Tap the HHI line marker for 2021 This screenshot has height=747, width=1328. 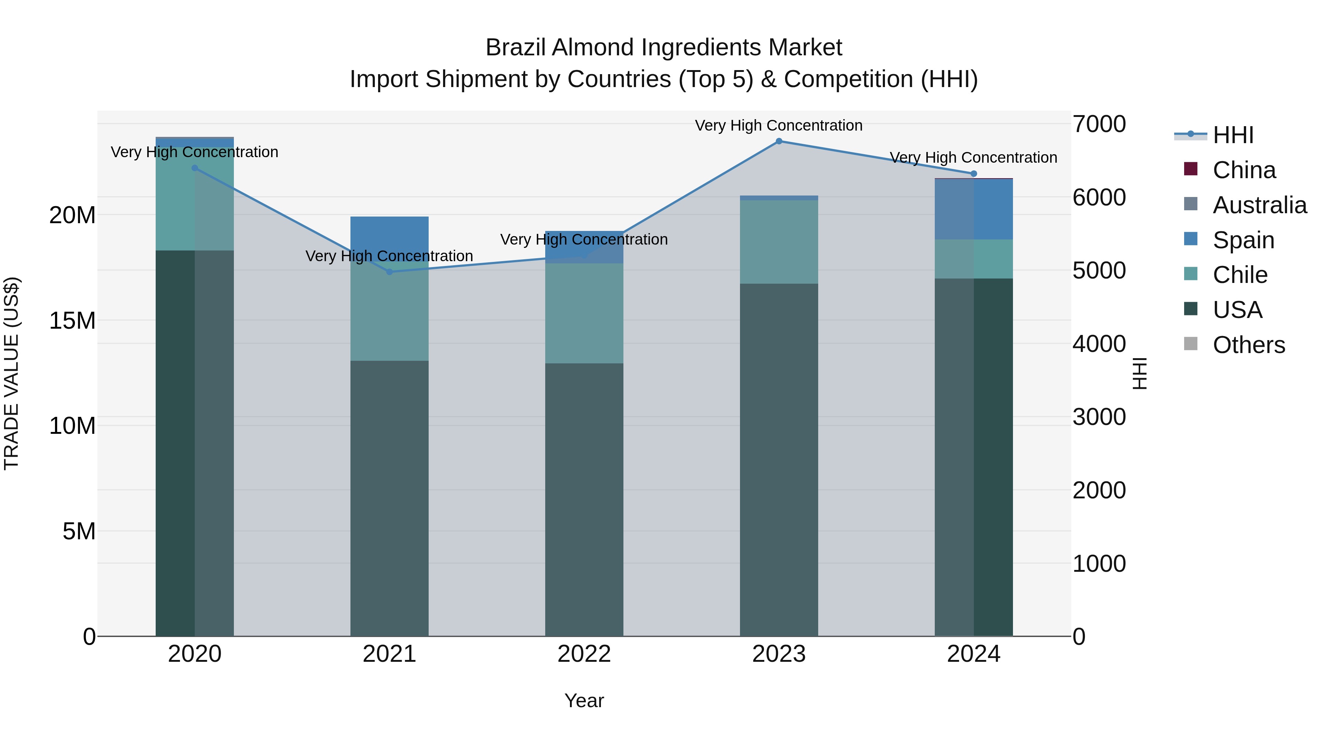[389, 272]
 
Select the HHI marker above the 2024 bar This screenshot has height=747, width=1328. [973, 174]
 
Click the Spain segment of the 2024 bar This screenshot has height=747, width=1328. [973, 209]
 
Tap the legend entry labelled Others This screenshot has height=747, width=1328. [1248, 345]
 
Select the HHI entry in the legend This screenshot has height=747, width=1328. [1232, 135]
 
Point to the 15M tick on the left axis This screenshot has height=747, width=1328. [72, 321]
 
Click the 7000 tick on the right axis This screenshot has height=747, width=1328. [1099, 124]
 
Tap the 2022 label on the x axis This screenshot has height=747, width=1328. [584, 654]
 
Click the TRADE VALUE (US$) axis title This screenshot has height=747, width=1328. [11, 373]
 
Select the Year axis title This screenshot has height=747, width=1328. [584, 701]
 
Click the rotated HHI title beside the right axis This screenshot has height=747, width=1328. [1140, 373]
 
